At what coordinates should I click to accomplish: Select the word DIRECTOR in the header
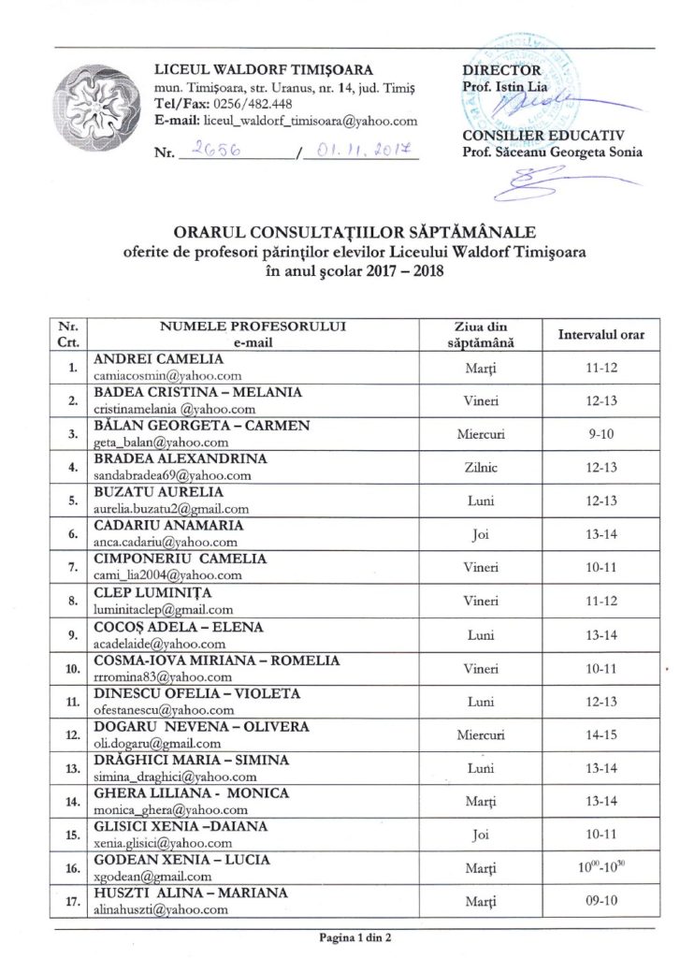tap(501, 70)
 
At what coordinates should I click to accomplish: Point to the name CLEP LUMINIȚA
tap(153, 592)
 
